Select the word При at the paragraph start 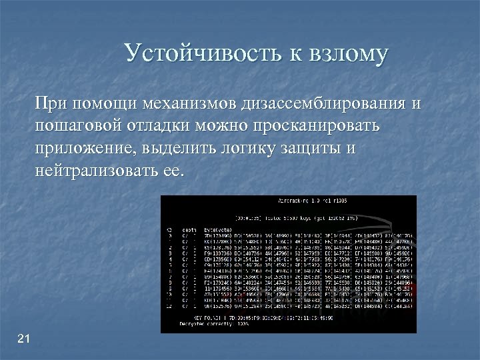tap(50, 104)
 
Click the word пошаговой tap(76, 127)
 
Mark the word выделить tap(173, 149)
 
